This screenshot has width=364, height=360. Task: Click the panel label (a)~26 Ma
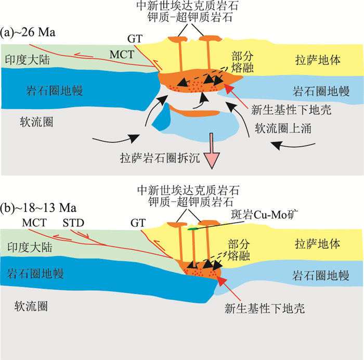pyautogui.click(x=29, y=33)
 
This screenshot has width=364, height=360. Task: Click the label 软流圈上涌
pyautogui.click(x=283, y=128)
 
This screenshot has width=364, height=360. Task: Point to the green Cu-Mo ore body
pyautogui.click(x=193, y=227)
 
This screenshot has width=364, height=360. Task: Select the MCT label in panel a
pyautogui.click(x=121, y=54)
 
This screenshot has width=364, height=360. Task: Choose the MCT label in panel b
pyautogui.click(x=34, y=223)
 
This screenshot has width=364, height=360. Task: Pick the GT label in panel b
pyautogui.click(x=138, y=223)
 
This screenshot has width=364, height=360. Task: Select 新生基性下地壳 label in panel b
pyautogui.click(x=264, y=308)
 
